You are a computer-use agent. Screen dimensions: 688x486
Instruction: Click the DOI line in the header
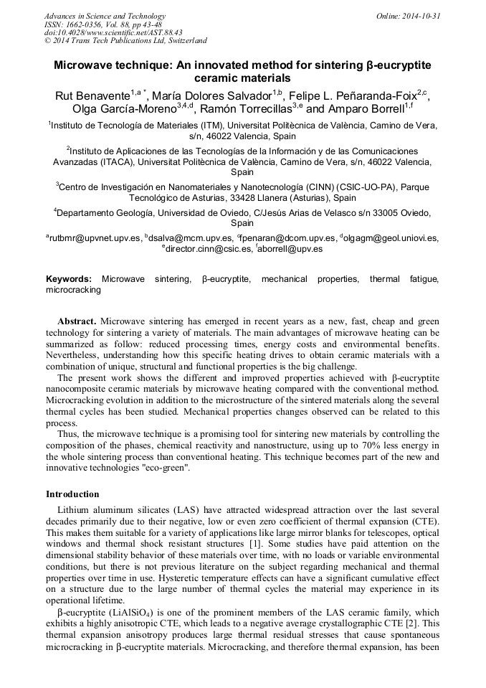[x=113, y=32]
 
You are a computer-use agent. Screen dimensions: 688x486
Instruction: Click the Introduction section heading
[x=72, y=494]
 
